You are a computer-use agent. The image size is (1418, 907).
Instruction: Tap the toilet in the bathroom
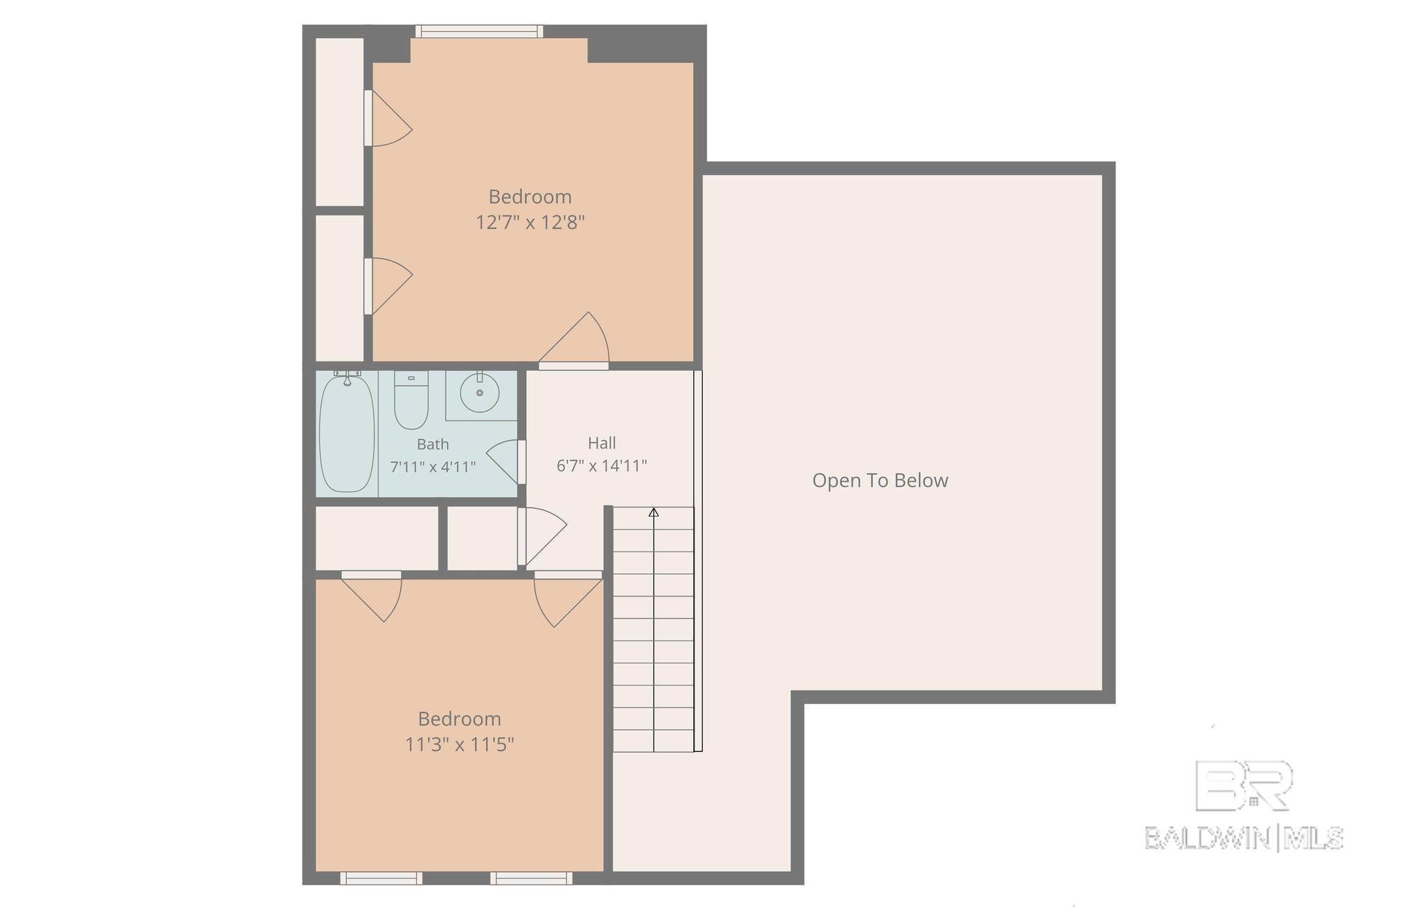click(x=411, y=399)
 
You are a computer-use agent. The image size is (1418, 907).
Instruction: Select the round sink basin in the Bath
click(x=479, y=393)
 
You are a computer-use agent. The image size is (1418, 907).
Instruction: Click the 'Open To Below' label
click(x=880, y=481)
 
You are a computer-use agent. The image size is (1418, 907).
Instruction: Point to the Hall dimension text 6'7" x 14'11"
click(x=602, y=465)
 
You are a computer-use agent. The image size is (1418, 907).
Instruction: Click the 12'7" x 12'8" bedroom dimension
click(x=530, y=222)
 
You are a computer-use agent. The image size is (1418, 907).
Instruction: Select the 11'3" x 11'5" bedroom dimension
click(x=460, y=744)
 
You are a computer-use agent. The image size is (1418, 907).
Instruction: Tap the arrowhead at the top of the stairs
click(x=654, y=512)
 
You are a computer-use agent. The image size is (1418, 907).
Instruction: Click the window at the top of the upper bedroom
click(x=479, y=31)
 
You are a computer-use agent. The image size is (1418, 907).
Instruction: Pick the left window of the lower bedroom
click(x=381, y=878)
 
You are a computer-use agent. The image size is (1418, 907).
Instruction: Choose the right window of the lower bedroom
click(x=532, y=878)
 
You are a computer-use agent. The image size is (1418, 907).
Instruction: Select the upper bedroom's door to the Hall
click(x=574, y=340)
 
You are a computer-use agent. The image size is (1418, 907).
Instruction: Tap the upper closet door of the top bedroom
click(x=389, y=118)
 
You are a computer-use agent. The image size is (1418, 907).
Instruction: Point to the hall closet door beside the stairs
click(x=543, y=537)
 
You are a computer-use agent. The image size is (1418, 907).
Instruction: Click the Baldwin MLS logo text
click(x=1244, y=838)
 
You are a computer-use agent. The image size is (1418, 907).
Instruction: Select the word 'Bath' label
click(x=433, y=444)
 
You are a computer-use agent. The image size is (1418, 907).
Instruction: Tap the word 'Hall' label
click(x=602, y=443)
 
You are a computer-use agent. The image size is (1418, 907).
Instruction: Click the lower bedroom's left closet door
click(x=372, y=596)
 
